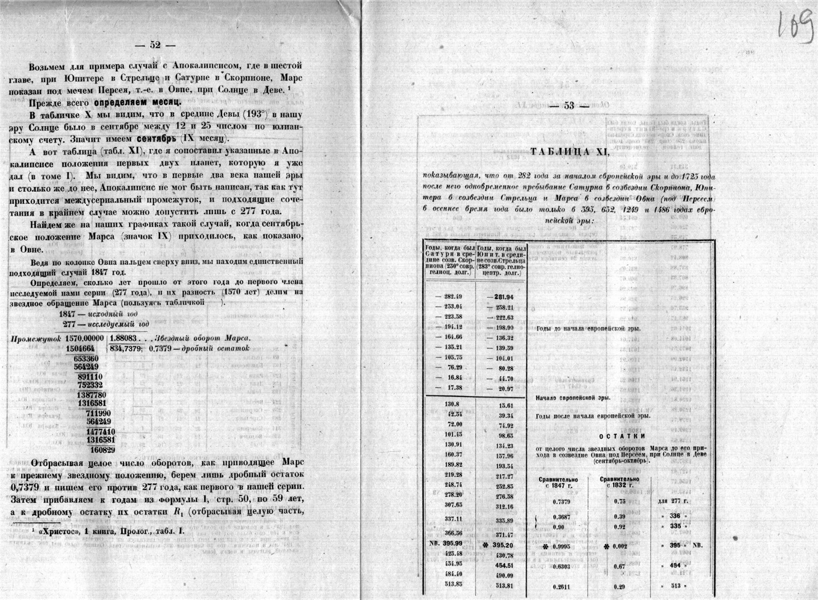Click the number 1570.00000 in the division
(x=85, y=338)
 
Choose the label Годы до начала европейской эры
(x=588, y=328)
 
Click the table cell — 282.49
(x=449, y=297)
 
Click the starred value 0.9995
(x=561, y=545)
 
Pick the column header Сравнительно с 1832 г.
(x=619, y=482)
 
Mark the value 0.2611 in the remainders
(x=561, y=586)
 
